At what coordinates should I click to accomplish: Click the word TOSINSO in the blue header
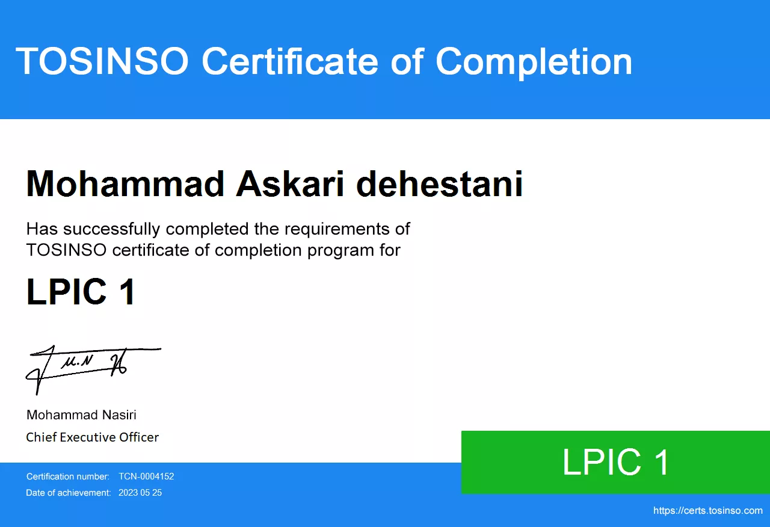point(102,61)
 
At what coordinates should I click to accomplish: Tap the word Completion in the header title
point(534,63)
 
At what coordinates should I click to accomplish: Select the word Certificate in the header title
point(290,61)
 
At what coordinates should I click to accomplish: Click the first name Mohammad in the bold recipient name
point(125,183)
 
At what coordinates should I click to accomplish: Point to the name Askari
point(290,183)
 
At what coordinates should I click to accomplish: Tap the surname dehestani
point(439,183)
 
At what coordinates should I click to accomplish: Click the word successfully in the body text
point(111,229)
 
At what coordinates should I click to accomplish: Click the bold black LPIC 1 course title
point(81,292)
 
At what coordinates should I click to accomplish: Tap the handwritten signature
point(93,369)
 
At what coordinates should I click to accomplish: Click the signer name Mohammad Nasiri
point(81,415)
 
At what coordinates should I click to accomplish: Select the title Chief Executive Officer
point(92,437)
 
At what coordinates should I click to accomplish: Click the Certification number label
point(68,476)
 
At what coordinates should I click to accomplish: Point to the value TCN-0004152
point(146,476)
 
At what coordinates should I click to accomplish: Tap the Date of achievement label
point(69,493)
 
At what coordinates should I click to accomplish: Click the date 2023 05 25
point(140,493)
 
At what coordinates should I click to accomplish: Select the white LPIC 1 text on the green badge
point(615,463)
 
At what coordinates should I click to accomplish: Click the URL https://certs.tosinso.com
point(708,511)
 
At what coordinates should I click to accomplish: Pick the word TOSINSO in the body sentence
point(66,250)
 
